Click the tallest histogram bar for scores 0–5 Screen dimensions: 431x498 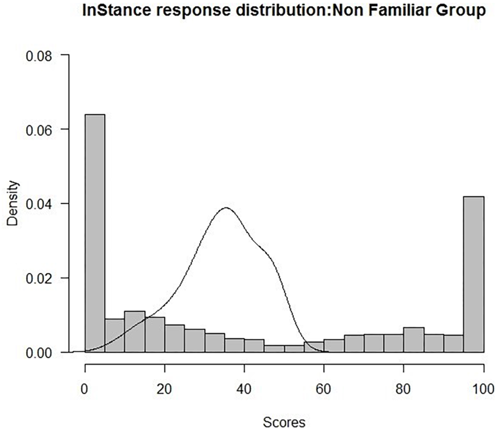pyautogui.click(x=95, y=233)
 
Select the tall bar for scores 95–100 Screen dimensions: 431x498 pyautogui.click(x=473, y=274)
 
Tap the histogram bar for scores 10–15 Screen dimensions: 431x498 pyautogui.click(x=135, y=331)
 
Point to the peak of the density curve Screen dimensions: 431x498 pyautogui.click(x=226, y=208)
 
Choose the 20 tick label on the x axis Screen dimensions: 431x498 pyautogui.click(x=165, y=390)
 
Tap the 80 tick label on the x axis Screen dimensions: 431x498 pyautogui.click(x=404, y=390)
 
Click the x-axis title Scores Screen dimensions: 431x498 pyautogui.click(x=284, y=420)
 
